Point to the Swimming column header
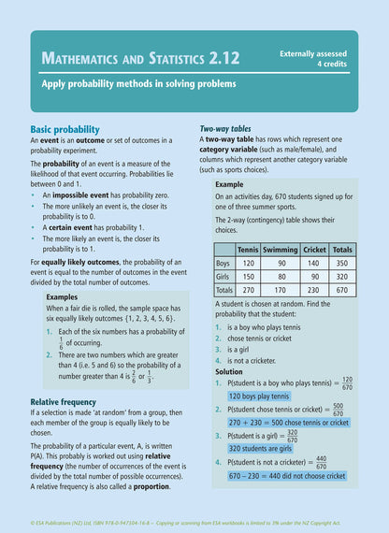tap(280, 250)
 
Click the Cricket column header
tap(314, 250)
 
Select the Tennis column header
tap(248, 250)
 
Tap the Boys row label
tap(224, 263)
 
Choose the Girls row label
tap(224, 277)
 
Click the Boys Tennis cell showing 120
tap(249, 263)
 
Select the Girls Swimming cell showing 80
tap(281, 277)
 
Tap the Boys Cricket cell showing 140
tap(315, 263)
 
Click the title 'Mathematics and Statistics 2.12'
tap(140, 59)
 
